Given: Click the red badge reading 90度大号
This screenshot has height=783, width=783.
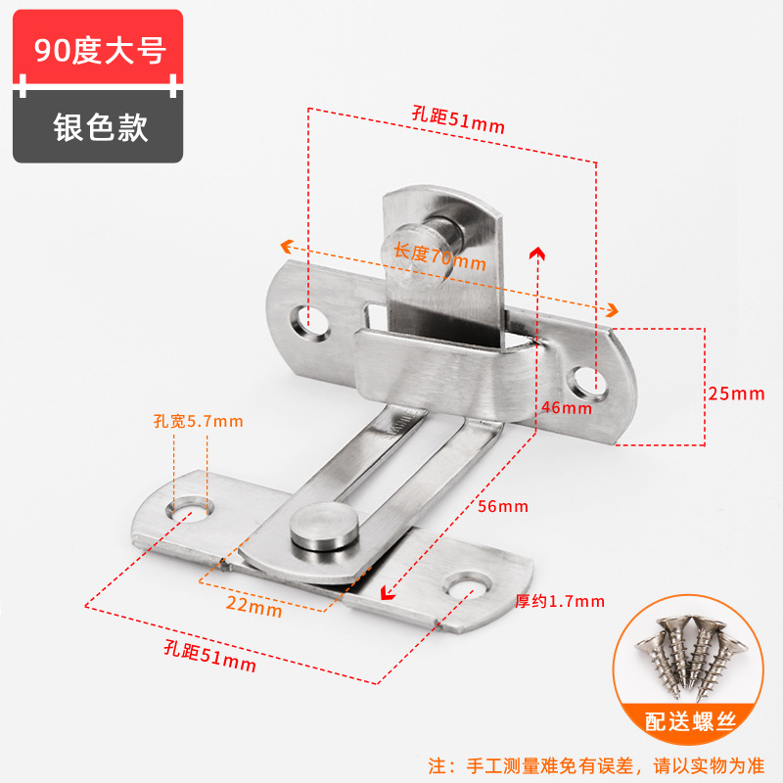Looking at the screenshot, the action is point(98,49).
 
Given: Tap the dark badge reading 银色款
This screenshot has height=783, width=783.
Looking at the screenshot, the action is point(98,127).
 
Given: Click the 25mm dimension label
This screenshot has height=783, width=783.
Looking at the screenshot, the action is point(735,393).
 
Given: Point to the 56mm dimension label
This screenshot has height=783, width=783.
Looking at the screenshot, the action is point(504,506).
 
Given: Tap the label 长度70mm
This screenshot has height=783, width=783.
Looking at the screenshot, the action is point(439,257).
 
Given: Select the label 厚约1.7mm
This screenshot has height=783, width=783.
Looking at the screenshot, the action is point(559,601).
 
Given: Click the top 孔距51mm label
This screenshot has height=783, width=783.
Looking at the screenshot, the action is point(458,120).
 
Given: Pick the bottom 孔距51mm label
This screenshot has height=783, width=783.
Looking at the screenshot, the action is point(210,657).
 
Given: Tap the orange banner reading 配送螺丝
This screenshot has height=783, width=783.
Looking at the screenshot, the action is point(692,723).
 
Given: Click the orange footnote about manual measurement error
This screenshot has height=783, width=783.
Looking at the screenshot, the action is point(597,763).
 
